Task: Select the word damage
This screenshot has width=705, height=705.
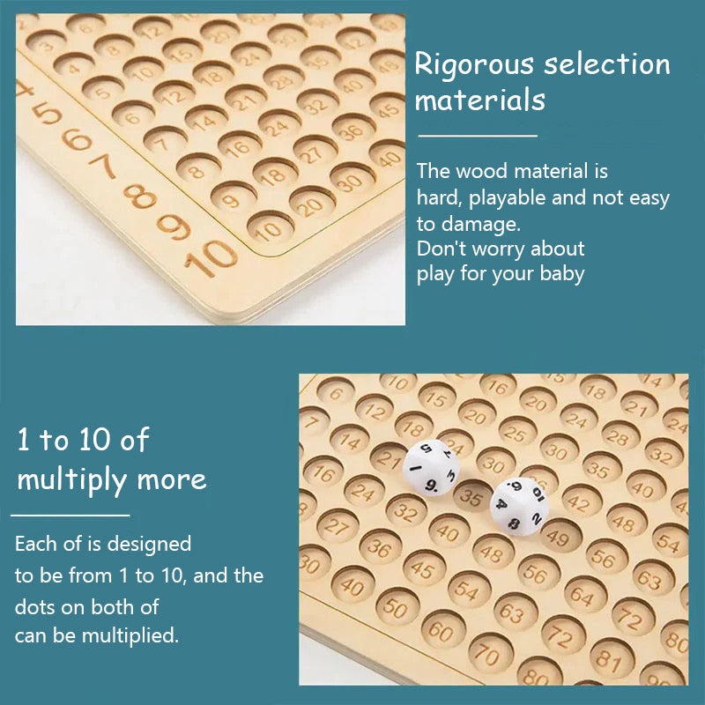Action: tap(490, 224)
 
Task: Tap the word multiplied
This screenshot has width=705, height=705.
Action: tap(131, 634)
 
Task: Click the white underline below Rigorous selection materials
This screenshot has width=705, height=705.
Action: tap(477, 136)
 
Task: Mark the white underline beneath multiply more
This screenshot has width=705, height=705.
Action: tap(70, 515)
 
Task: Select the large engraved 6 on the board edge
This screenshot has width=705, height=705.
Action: tap(78, 139)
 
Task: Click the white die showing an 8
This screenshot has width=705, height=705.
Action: tap(519, 504)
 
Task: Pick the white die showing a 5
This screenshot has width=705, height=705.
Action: tap(429, 468)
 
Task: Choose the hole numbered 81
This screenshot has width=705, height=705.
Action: tap(606, 657)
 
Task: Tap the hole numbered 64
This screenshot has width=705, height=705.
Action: tap(579, 592)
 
